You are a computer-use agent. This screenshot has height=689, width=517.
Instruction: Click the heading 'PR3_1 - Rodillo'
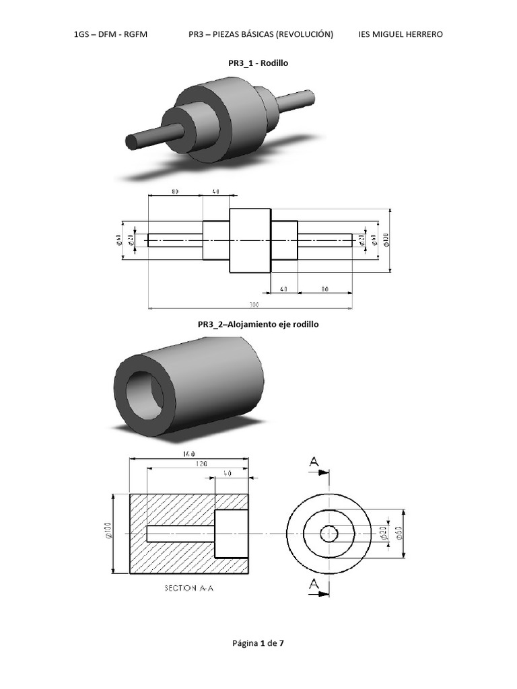258,63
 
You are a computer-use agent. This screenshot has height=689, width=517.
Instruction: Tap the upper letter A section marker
314,462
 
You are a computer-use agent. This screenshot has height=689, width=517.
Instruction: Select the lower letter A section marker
314,585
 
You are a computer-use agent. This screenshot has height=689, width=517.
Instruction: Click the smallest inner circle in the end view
329,534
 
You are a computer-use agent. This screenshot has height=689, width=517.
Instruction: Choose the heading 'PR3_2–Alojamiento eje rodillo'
258,324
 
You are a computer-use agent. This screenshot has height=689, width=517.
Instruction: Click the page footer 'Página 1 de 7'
258,644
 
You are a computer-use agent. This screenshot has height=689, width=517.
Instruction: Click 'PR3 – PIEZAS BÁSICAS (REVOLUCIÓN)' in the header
261,34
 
